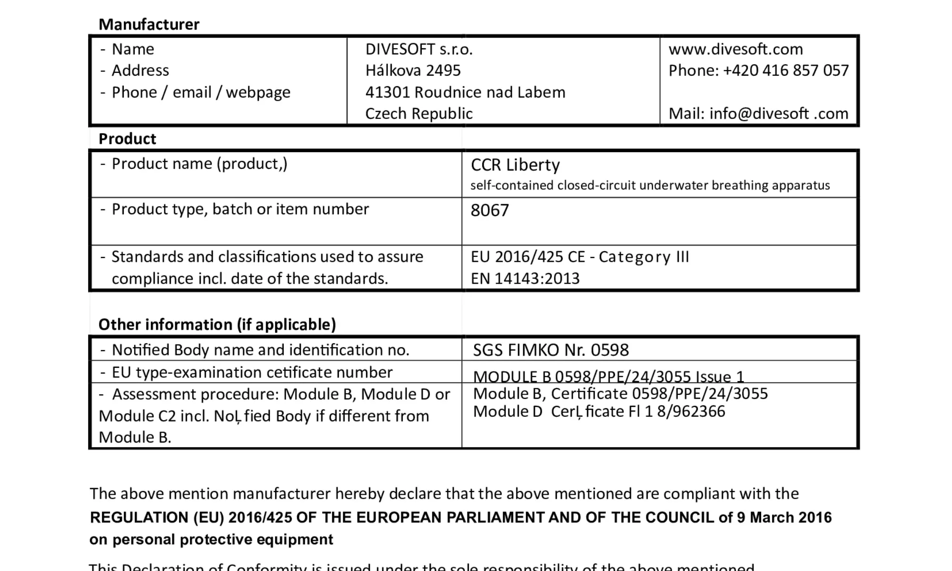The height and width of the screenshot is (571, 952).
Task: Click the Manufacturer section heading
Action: [x=149, y=24]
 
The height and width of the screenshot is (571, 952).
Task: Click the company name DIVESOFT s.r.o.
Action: [x=418, y=49]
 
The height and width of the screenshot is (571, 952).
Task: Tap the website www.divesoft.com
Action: [x=735, y=49]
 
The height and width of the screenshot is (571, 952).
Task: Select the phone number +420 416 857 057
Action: [x=785, y=71]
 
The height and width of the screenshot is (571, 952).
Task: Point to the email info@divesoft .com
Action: [x=779, y=114]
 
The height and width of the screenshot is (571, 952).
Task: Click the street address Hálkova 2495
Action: [x=413, y=71]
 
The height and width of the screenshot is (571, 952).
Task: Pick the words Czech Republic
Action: [x=418, y=114]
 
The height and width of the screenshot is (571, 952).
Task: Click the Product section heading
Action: [x=127, y=139]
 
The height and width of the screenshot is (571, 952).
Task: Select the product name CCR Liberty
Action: [x=515, y=165]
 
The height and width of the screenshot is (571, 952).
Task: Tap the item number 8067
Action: [x=489, y=210]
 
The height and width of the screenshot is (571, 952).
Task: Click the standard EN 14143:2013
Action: [x=525, y=278]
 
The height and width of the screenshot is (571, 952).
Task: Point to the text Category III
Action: [x=644, y=257]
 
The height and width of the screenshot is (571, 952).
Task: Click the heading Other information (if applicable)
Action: [x=217, y=325]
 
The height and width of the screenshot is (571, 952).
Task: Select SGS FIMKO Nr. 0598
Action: [x=551, y=350]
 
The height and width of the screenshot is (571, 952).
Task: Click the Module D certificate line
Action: [x=599, y=412]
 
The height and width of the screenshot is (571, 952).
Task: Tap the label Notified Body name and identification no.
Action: [x=260, y=350]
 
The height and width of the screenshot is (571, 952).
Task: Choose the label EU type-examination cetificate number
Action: [x=252, y=372]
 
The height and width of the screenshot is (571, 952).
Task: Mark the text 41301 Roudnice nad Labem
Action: [x=465, y=92]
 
